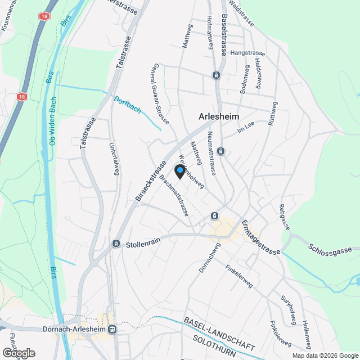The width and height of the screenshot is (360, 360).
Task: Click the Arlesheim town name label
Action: [x=219, y=116]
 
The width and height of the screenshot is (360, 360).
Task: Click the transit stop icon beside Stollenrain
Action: [x=116, y=244]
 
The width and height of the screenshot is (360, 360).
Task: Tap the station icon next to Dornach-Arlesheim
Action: [x=112, y=330]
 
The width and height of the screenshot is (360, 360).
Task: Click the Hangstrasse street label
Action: [x=247, y=53]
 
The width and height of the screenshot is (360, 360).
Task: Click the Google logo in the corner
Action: [x=19, y=353]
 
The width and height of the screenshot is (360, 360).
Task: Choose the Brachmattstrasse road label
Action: [x=174, y=195]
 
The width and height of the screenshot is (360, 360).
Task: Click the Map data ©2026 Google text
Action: [x=325, y=355]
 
